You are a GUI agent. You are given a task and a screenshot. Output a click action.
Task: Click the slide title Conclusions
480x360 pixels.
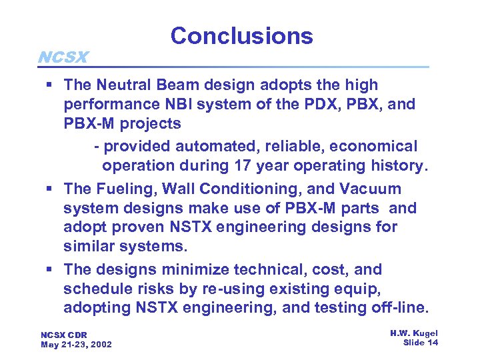[x=241, y=36]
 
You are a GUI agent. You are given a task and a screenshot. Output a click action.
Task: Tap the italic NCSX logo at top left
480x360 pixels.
[x=63, y=57]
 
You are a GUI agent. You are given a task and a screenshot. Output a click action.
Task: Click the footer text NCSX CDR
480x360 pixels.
[x=64, y=335]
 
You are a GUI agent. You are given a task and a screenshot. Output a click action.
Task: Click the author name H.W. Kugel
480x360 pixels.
[x=413, y=333]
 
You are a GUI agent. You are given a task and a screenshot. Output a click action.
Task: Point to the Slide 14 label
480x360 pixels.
[x=421, y=342]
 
